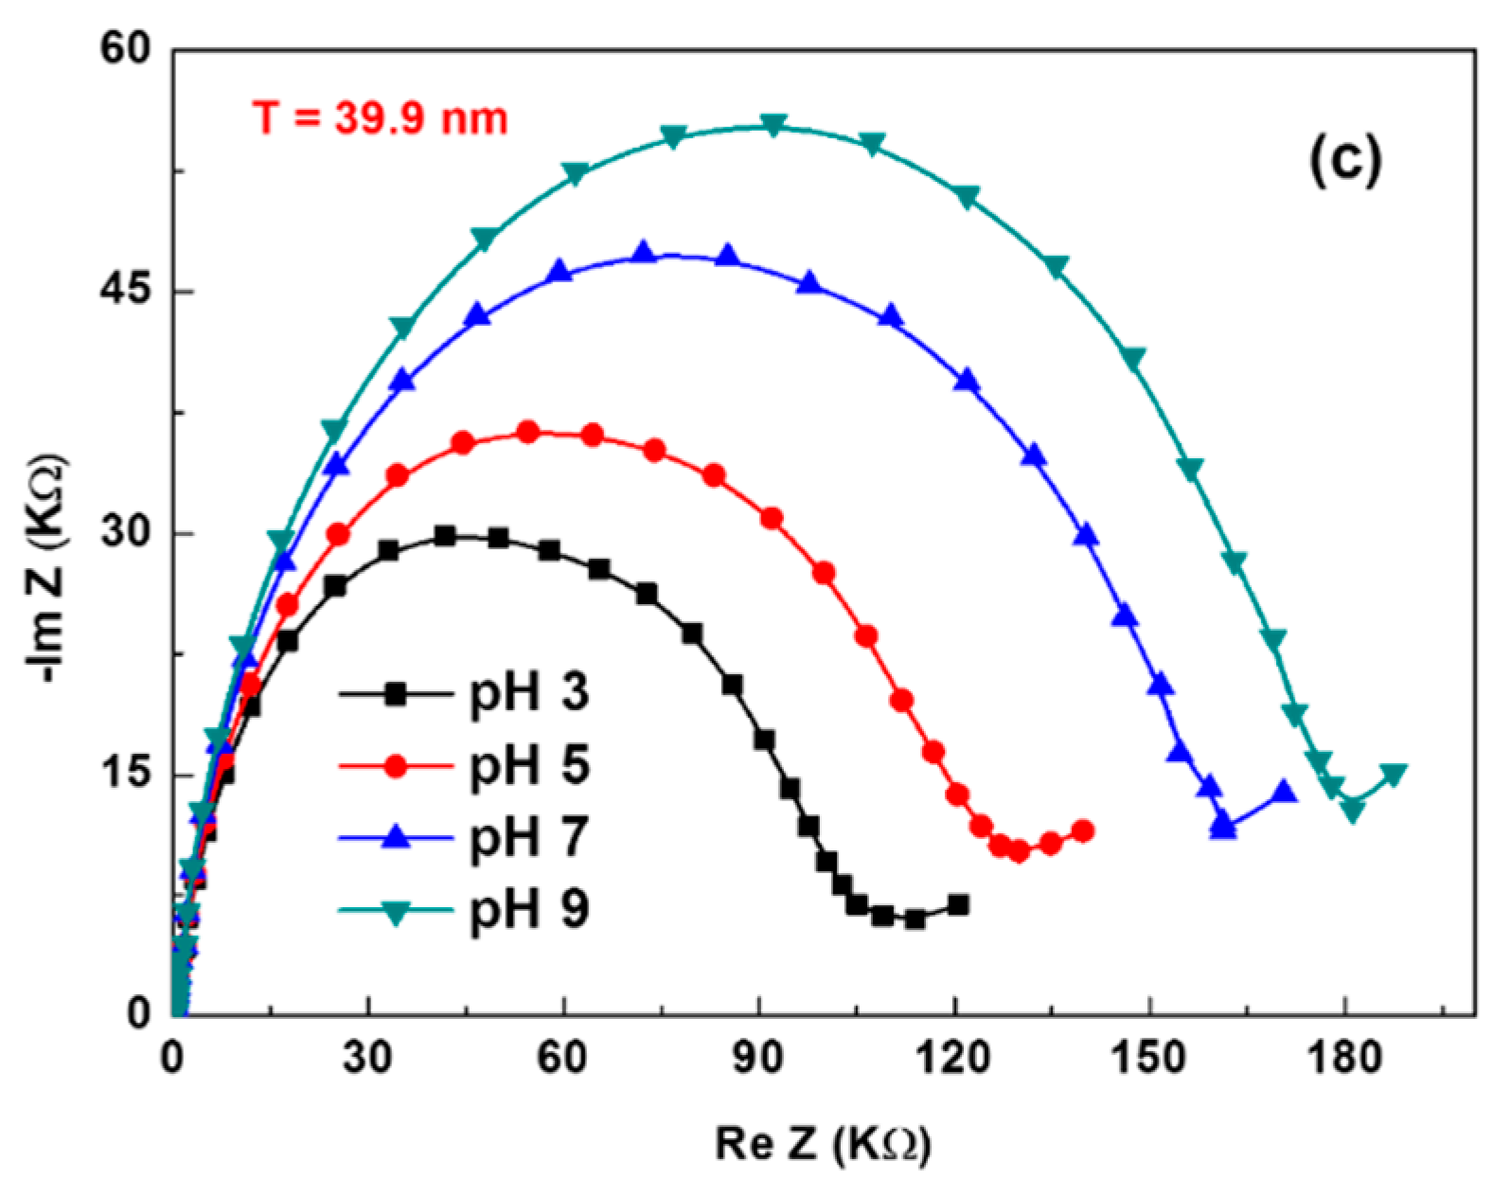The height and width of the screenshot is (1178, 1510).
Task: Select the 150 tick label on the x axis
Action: (1148, 1059)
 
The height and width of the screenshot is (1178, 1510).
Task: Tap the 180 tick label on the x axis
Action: (1344, 1059)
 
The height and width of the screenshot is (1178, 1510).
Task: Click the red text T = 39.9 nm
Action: (380, 119)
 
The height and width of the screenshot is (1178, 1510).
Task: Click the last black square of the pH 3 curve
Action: (957, 904)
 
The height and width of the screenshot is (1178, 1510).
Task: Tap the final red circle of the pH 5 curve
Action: (1083, 830)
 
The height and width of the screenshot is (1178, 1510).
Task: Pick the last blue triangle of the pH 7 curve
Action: (1284, 792)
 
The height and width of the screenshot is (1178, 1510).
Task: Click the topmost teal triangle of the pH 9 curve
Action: (773, 125)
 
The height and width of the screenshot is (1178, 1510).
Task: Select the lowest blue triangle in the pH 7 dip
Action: (1224, 827)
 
